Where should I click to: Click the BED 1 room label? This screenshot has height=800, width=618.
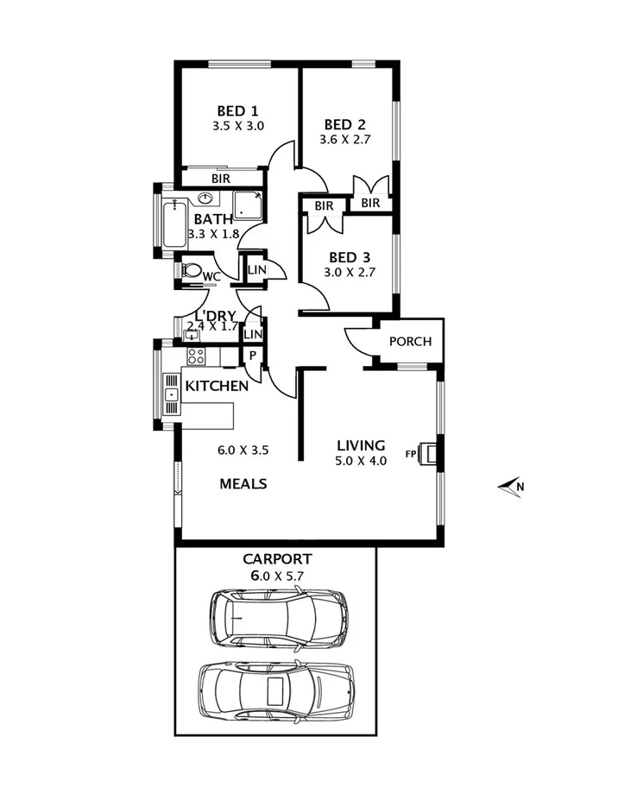(x=237, y=110)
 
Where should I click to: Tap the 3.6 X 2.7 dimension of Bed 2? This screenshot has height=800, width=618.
(x=344, y=138)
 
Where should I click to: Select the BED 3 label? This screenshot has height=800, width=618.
(x=350, y=257)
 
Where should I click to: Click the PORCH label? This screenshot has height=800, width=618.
(x=410, y=341)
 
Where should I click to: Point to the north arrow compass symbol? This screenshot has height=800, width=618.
(x=510, y=487)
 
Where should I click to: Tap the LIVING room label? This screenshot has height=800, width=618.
(x=361, y=445)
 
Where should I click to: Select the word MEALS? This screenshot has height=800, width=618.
(x=243, y=483)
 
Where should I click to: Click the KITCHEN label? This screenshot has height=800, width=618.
(x=218, y=386)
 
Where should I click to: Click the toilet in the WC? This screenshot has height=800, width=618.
(x=191, y=270)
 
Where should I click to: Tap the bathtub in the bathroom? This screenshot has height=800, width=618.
(x=174, y=224)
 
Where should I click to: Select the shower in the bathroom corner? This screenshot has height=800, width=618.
(x=248, y=204)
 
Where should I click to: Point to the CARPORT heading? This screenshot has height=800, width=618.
(x=277, y=559)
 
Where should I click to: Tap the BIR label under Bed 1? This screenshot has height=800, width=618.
(x=220, y=179)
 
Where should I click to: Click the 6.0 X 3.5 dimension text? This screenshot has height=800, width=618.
(x=243, y=449)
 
